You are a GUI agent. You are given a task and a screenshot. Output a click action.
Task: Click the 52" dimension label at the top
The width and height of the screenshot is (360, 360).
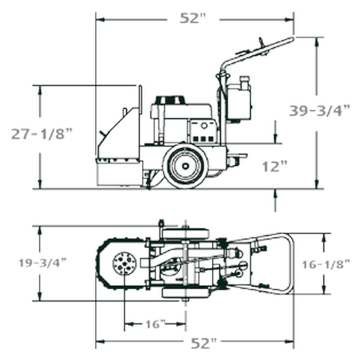pyautogui.click(x=192, y=18)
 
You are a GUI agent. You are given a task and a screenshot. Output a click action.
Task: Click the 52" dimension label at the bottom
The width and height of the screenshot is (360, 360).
pyautogui.click(x=204, y=343)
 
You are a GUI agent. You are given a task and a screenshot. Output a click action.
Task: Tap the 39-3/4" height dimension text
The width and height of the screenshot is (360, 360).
pyautogui.click(x=319, y=110)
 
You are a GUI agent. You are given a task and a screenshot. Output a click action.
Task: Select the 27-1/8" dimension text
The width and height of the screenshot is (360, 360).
pyautogui.click(x=42, y=134)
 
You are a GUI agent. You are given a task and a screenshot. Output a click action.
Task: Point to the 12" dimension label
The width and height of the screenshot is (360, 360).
pyautogui.click(x=275, y=166)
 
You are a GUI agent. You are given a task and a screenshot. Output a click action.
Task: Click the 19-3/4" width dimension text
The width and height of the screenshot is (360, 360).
pyautogui.click(x=43, y=263)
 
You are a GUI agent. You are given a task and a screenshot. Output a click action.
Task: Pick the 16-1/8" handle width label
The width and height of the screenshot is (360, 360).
pyautogui.click(x=326, y=264)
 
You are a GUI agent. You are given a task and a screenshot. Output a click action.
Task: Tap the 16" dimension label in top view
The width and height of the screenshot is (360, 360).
pyautogui.click(x=156, y=324)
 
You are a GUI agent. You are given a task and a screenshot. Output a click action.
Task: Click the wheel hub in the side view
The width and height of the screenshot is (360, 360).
pyautogui.click(x=186, y=165)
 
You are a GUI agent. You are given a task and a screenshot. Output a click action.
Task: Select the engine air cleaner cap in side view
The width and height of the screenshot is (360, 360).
pyautogui.click(x=170, y=100)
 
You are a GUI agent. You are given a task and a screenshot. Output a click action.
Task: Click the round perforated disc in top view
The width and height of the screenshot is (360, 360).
pyautogui.click(x=125, y=264)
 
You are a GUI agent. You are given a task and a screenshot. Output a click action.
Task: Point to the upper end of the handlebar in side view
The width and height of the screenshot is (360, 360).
pyautogui.click(x=292, y=39)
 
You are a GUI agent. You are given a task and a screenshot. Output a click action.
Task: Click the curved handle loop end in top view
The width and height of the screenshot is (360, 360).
pyautogui.click(x=289, y=264)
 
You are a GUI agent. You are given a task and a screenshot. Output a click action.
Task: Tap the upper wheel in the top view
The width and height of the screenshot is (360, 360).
pyautogui.click(x=186, y=234)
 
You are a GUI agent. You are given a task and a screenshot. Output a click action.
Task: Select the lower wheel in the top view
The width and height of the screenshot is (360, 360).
pyautogui.click(x=186, y=293)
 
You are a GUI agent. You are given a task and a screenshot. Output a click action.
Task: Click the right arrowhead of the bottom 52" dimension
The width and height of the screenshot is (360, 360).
pyautogui.click(x=289, y=341)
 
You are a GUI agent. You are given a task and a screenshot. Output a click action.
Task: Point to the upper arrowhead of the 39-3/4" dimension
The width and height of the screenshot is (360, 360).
pyautogui.click(x=317, y=42)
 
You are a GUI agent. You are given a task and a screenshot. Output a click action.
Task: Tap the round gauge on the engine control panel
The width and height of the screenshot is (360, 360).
pyautogui.click(x=204, y=126)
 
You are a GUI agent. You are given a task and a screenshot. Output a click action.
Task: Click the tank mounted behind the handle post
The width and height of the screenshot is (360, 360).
pyautogui.click(x=239, y=102)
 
